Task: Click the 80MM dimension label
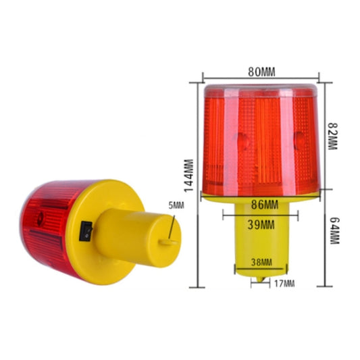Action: tap(262, 70)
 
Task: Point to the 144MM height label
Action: tap(190, 176)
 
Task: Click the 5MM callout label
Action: tap(176, 205)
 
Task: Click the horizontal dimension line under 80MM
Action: tap(262, 77)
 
